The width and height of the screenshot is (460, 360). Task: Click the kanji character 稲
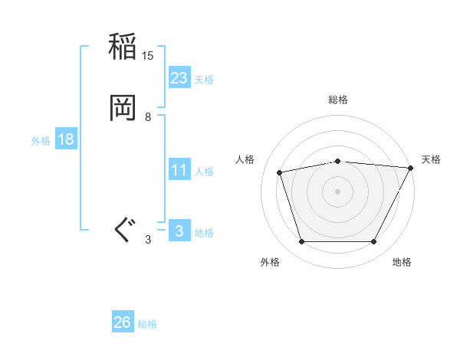[123, 47]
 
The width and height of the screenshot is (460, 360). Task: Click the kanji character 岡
[123, 108]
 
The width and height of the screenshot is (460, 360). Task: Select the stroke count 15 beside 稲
[148, 56]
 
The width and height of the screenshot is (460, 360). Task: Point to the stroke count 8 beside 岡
[148, 117]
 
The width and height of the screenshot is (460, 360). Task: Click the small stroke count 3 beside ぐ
[148, 240]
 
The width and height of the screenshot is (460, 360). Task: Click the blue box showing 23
[179, 78]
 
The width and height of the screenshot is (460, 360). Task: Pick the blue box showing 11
[179, 170]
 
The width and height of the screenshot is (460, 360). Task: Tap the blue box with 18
[65, 139]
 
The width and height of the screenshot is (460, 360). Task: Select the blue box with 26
[123, 322]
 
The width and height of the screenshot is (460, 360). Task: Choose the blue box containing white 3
[179, 231]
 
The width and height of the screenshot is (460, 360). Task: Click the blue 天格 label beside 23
[204, 80]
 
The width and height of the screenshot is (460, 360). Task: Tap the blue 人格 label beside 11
[204, 172]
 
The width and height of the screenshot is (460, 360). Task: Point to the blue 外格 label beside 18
[41, 141]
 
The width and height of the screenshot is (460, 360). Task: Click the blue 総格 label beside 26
[147, 324]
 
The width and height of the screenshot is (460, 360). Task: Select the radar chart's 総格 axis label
[338, 100]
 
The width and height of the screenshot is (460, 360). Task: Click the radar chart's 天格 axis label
[431, 159]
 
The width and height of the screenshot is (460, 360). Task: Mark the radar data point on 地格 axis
[374, 242]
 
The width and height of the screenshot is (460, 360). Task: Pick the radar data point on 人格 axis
[280, 172]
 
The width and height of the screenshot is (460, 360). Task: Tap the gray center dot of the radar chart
[338, 191]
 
